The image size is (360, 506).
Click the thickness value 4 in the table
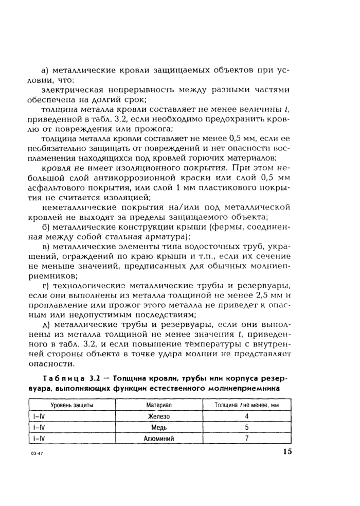[x=247, y=416]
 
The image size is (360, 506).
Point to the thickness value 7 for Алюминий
[x=247, y=438]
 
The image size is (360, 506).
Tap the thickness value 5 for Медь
[x=247, y=427]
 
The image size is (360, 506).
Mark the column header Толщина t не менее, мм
[x=246, y=405]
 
